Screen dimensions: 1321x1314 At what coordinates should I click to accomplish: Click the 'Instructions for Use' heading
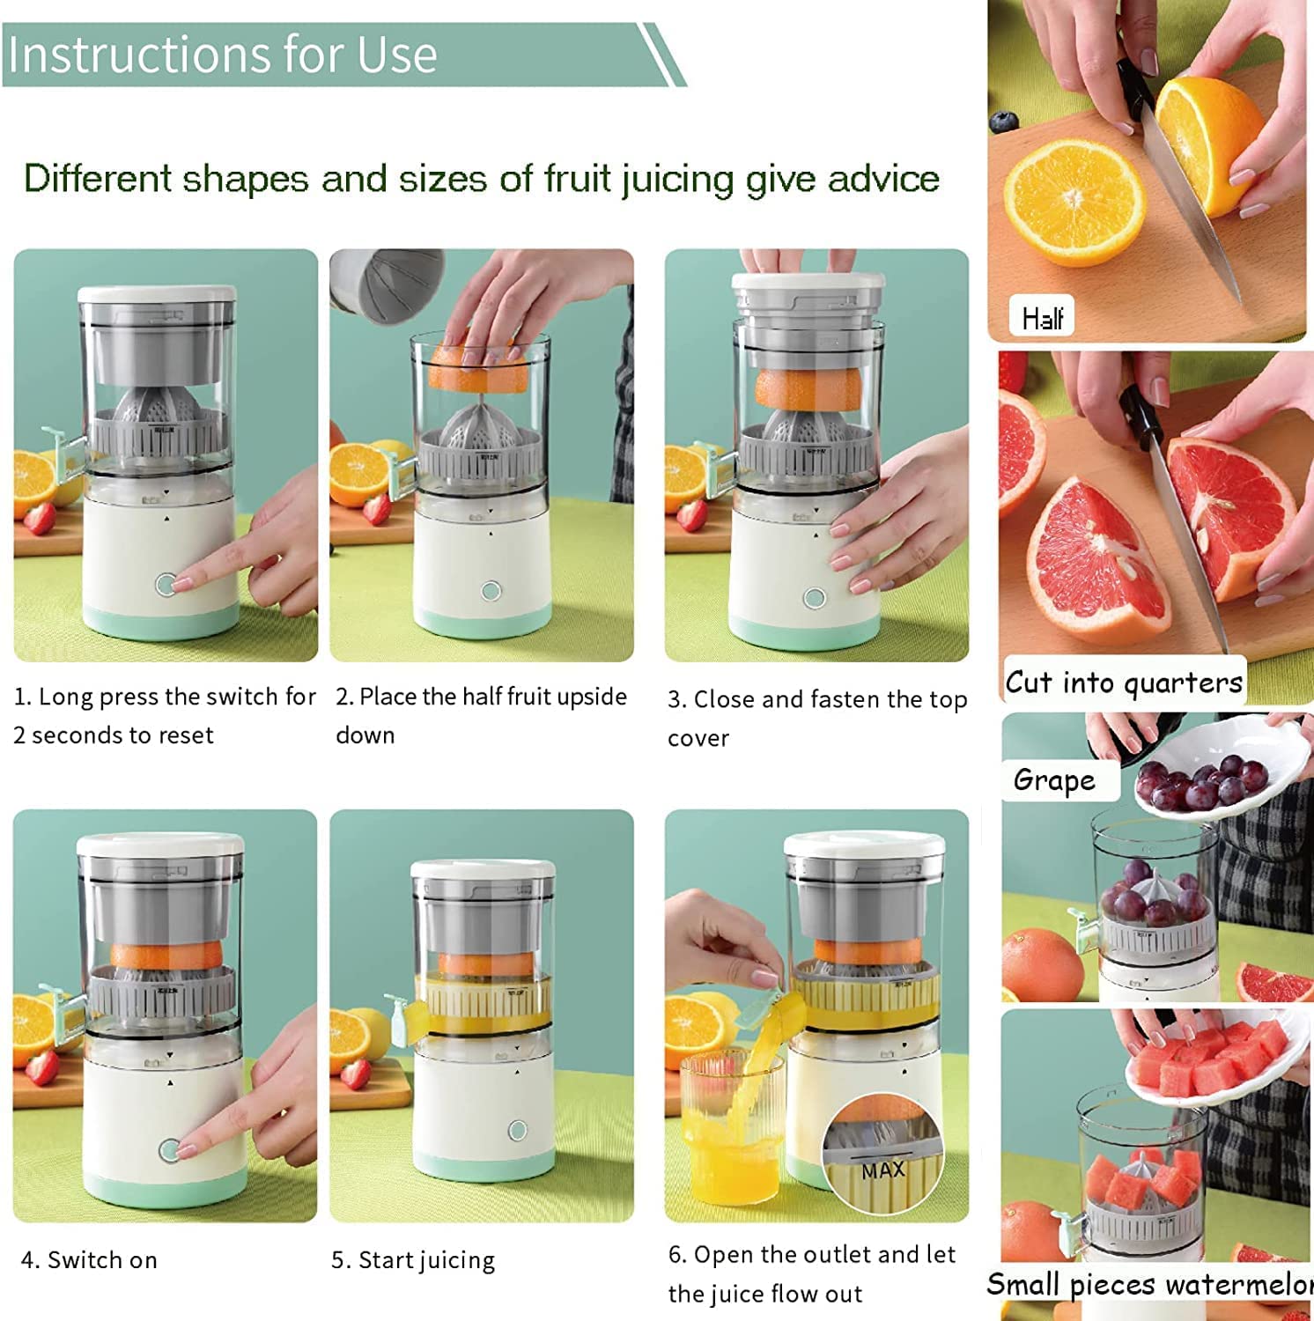(x=222, y=55)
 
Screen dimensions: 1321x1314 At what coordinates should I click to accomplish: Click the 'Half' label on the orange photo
(x=1042, y=317)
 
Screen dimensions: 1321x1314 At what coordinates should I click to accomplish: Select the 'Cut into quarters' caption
(x=1124, y=683)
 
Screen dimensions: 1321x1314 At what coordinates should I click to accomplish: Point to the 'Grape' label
(x=1054, y=780)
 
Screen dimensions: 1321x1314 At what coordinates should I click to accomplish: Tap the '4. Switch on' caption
(x=89, y=1260)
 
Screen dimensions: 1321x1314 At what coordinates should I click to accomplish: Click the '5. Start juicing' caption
(x=413, y=1260)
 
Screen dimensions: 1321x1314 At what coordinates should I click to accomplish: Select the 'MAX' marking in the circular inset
(x=883, y=1171)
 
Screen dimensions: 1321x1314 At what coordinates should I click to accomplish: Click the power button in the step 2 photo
(x=491, y=591)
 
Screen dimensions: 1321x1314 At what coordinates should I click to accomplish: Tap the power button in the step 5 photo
(x=518, y=1130)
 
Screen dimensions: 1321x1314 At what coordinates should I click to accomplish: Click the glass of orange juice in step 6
(x=731, y=1127)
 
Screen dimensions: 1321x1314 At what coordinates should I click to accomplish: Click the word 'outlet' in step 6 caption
(x=837, y=1255)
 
